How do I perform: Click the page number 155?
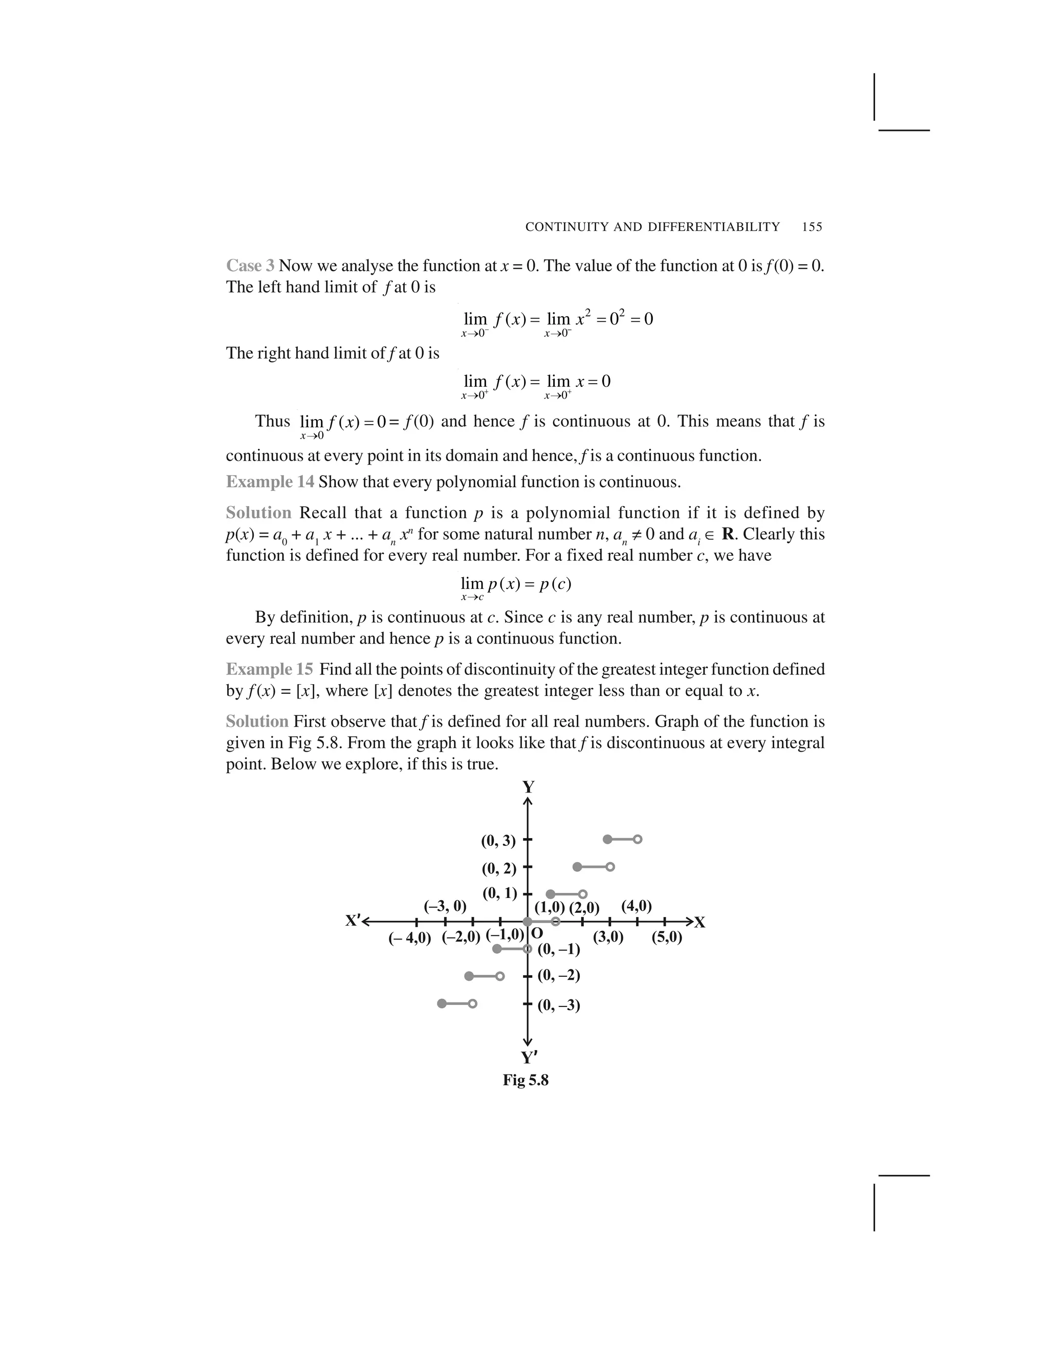pos(812,227)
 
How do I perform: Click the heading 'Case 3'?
pos(250,266)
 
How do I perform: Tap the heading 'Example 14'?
pos(270,482)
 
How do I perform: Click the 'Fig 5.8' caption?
pos(525,1080)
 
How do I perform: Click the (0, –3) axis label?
pos(559,1004)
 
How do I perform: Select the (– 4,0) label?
pos(410,937)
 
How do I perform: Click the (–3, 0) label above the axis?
pos(445,906)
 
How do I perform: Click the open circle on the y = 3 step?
pos(638,839)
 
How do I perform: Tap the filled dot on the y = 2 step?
pos(577,867)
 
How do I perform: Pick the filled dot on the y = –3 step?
pos(442,1003)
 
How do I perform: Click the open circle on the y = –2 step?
pos(500,976)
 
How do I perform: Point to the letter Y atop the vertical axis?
pos(528,788)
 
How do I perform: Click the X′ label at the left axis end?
pos(353,921)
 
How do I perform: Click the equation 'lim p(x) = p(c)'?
pos(516,585)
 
